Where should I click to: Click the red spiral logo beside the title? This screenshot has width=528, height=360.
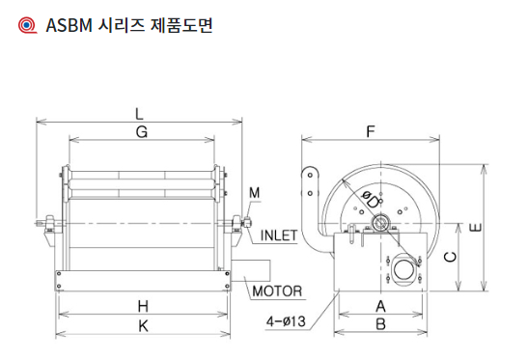[x=27, y=25]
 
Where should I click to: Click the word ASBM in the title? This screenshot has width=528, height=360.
[x=69, y=25]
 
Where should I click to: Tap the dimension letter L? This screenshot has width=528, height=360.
[x=139, y=114]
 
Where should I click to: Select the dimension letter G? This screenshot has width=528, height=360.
[x=142, y=132]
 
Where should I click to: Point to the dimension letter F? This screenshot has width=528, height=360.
[x=371, y=131]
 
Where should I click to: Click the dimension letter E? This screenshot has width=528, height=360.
[x=475, y=228]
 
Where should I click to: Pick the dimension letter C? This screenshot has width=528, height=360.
[x=450, y=257]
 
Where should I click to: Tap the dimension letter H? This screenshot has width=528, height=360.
[x=143, y=307]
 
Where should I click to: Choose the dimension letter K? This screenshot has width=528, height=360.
[x=144, y=326]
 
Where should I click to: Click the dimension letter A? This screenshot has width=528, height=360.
[x=380, y=307]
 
